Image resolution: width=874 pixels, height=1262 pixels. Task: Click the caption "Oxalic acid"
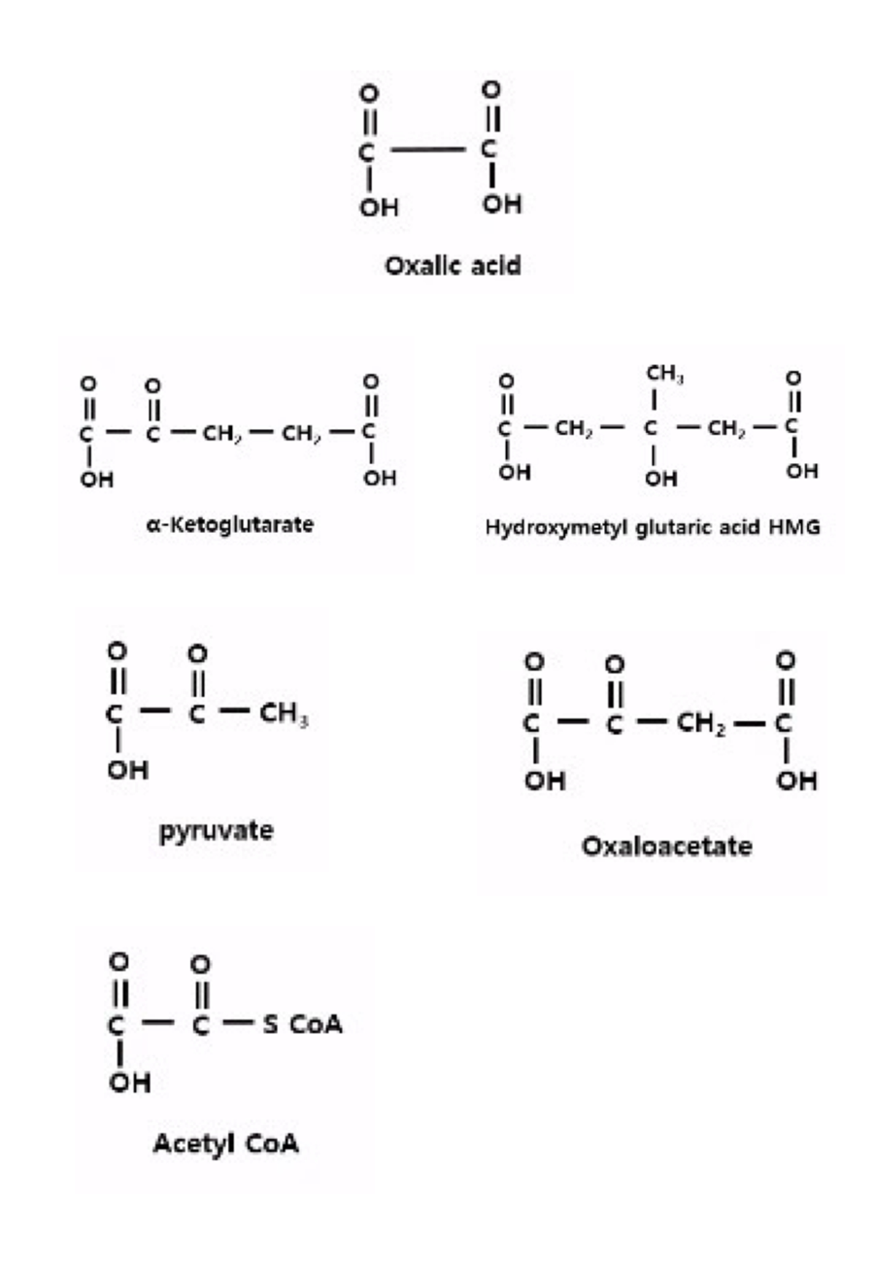coord(454,265)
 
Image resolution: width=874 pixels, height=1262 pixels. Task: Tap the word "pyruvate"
coord(217,832)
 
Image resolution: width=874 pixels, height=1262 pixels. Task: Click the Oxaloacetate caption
coord(667,847)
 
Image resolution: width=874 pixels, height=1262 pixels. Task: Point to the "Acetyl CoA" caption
coord(225,1145)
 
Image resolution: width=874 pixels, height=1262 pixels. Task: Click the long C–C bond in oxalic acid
coord(430,150)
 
